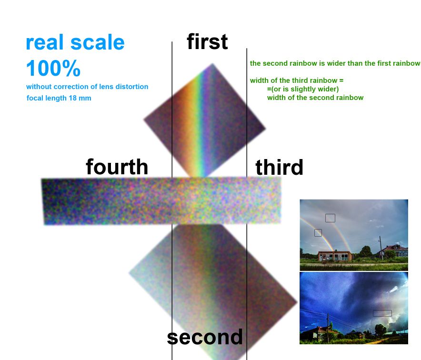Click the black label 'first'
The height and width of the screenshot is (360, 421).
[x=207, y=41]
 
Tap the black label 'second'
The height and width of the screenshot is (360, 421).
[x=205, y=337]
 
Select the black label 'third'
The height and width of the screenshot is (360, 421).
[x=279, y=167]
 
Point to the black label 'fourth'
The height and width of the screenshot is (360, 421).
[x=117, y=167]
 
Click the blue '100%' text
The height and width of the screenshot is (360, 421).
[x=53, y=68]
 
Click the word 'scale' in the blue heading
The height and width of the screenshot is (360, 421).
[x=98, y=42]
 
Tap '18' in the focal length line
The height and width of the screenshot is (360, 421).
[x=72, y=98]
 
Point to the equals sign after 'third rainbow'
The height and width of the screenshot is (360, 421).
[x=341, y=80]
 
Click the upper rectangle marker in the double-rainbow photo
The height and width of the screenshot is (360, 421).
[x=330, y=218]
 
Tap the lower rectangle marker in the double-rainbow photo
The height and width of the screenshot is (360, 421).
[x=318, y=233]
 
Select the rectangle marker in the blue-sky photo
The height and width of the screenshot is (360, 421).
[x=382, y=313]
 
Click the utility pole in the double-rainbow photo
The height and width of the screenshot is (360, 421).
[x=381, y=248]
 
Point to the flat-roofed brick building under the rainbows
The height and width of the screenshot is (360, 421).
[x=335, y=256]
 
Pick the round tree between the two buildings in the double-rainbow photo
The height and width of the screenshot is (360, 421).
[x=365, y=252]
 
